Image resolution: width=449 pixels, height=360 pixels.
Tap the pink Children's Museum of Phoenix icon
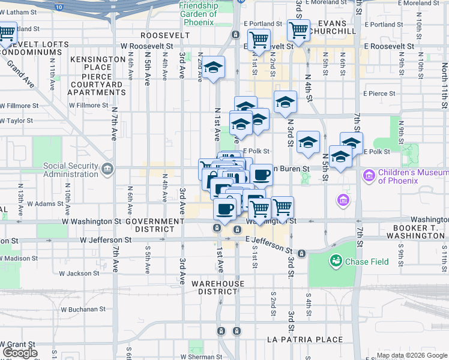[x=369, y=176]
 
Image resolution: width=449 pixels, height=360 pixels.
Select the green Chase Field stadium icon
[x=335, y=261]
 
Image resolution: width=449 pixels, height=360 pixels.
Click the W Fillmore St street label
[x=88, y=106]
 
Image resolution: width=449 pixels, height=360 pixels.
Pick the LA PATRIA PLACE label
[x=304, y=340]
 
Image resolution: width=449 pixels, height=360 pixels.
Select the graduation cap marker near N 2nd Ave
[x=212, y=69]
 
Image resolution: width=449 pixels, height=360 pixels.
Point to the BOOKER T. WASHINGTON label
[x=420, y=232]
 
